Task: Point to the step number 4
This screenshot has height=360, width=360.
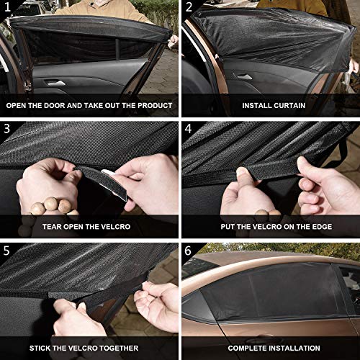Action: (x=189, y=130)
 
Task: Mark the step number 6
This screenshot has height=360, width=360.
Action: (x=189, y=251)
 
